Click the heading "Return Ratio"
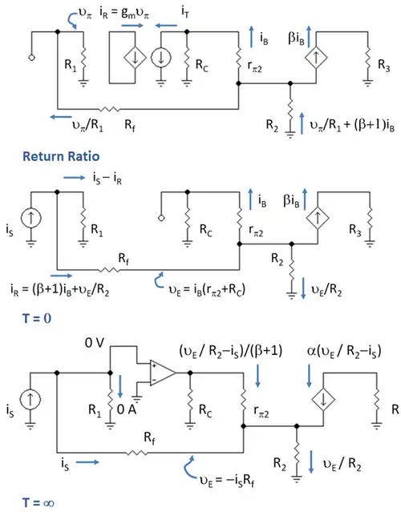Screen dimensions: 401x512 (x=61, y=156)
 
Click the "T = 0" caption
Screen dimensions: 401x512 (x=37, y=318)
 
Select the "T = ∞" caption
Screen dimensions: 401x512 (x=38, y=502)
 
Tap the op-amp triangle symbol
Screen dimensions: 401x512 (x=163, y=373)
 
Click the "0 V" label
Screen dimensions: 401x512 (x=95, y=343)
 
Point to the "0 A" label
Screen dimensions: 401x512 (x=127, y=409)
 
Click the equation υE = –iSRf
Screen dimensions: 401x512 (x=227, y=480)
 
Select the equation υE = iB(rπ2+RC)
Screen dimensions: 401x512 (x=207, y=289)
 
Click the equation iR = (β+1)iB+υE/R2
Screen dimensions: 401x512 (x=60, y=290)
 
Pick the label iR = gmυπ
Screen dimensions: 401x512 (x=124, y=13)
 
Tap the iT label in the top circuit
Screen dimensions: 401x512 (x=185, y=12)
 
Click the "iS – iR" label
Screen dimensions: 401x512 (x=107, y=179)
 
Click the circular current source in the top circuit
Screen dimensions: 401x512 (x=160, y=58)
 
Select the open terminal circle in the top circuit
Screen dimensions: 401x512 (x=32, y=58)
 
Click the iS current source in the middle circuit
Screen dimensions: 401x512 (x=31, y=218)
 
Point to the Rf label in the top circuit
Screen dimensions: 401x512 (x=130, y=125)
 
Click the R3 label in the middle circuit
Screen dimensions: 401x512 (x=355, y=230)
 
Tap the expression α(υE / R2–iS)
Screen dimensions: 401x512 (x=344, y=352)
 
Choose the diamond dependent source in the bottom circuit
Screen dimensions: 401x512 (x=323, y=399)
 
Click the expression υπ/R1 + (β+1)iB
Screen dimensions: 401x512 (x=352, y=125)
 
